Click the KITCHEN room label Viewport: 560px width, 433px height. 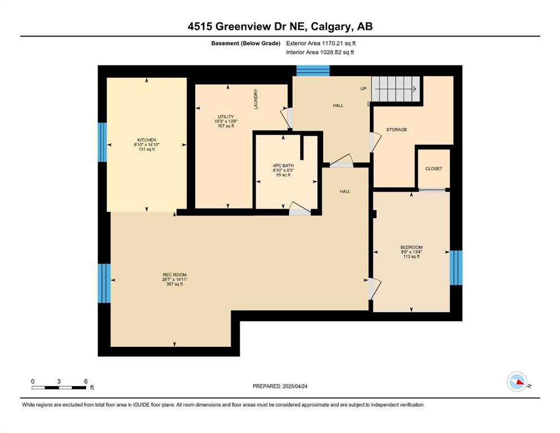[147, 140]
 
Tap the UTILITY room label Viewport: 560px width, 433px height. [226, 117]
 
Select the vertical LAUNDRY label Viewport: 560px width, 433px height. [255, 99]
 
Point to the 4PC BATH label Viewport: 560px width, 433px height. [283, 166]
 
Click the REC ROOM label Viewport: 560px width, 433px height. [175, 275]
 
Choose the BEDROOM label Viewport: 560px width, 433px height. [412, 247]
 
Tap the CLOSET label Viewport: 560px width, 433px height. [434, 169]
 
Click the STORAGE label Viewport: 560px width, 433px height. [396, 130]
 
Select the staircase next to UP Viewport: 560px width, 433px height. [395, 89]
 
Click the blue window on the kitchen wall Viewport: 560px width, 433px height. [103, 142]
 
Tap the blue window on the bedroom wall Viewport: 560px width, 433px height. [456, 268]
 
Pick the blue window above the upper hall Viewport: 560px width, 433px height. [313, 70]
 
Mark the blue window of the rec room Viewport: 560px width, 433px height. [104, 284]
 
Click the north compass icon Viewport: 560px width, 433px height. [517, 382]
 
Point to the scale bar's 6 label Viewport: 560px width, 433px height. [86, 381]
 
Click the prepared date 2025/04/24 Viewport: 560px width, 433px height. [295, 386]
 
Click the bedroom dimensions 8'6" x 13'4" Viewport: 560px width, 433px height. [412, 251]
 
